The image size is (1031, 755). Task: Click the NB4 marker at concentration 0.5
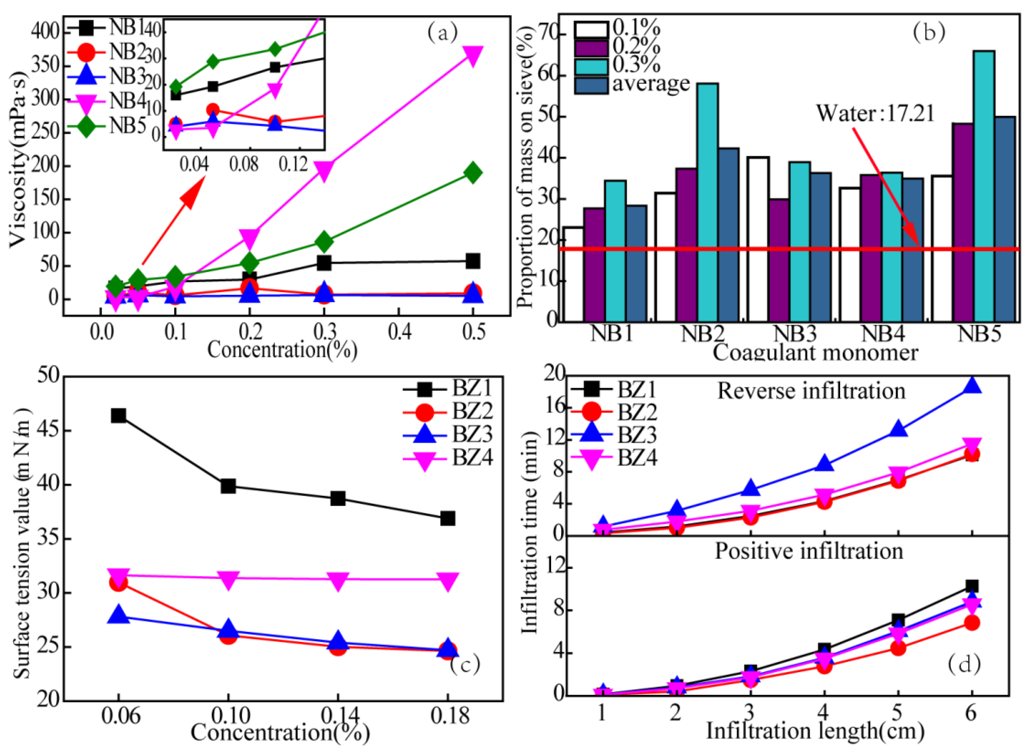(473, 55)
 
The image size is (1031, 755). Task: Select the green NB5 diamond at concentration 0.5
(473, 173)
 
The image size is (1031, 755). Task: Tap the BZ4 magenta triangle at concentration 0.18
(448, 581)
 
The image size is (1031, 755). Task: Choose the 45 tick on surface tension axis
(48, 431)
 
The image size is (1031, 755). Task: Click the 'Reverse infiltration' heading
(811, 391)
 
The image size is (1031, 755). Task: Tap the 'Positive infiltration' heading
(809, 552)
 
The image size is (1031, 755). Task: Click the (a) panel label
(442, 32)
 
